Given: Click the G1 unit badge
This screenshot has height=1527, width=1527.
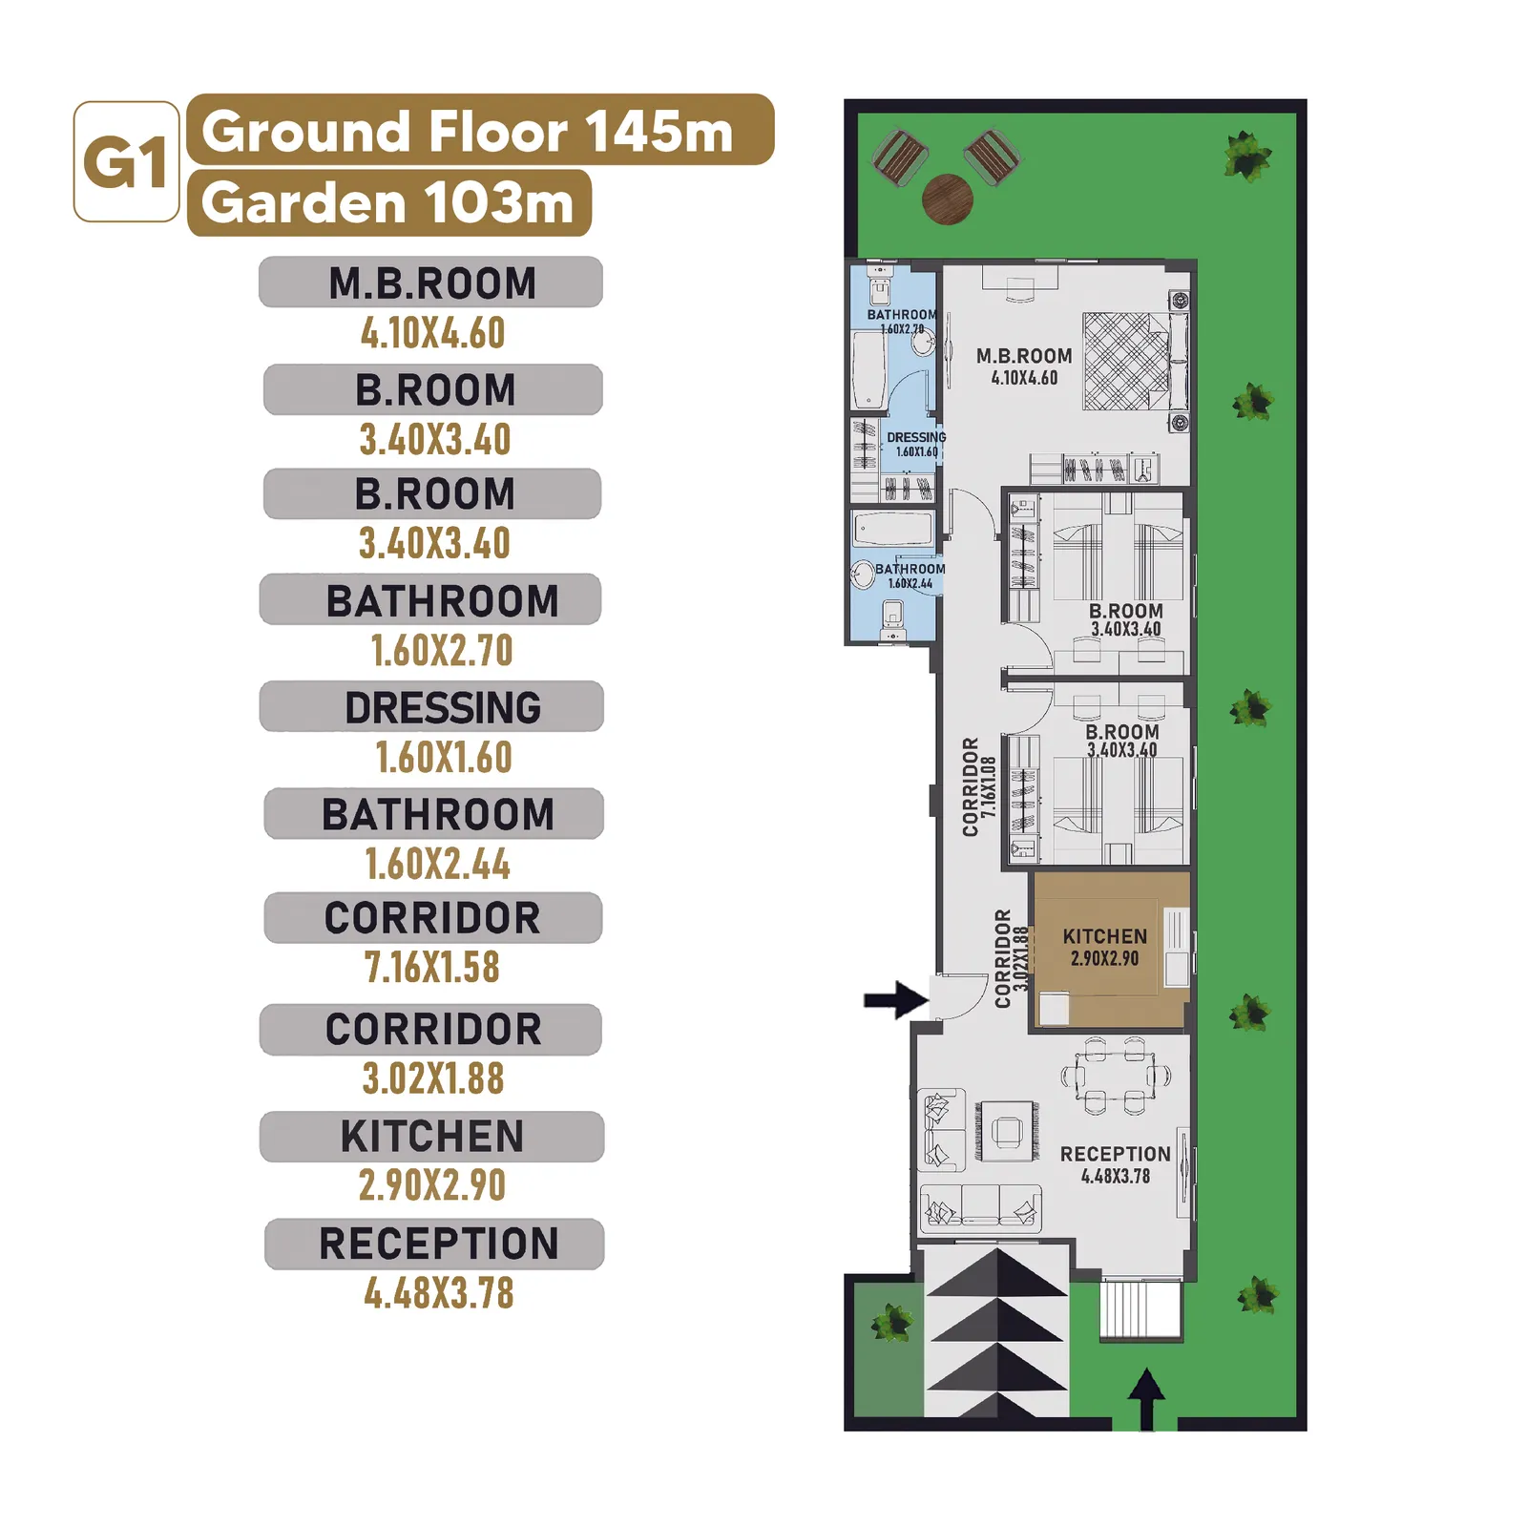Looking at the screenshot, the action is [x=127, y=161].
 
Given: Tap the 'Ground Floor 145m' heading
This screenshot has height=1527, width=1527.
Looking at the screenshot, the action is [x=468, y=131].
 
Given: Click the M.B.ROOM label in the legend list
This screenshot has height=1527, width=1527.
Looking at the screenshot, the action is [x=431, y=283].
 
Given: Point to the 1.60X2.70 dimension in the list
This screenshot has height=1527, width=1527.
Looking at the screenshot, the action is [x=442, y=651].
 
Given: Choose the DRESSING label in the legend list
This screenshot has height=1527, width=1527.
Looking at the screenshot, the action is [x=443, y=708].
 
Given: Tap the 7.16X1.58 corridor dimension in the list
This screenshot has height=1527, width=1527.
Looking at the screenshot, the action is [x=432, y=968].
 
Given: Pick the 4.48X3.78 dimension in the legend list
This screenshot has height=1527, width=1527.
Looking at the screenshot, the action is [x=439, y=1294].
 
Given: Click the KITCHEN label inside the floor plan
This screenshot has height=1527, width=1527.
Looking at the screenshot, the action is [x=1105, y=937].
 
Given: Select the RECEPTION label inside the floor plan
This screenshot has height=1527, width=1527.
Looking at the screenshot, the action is [x=1115, y=1155].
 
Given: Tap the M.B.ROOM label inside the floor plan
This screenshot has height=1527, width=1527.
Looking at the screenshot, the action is [x=1024, y=356].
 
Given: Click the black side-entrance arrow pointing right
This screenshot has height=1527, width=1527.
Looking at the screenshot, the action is [x=896, y=1000].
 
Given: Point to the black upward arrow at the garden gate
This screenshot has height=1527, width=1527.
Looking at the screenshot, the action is [x=1146, y=1399].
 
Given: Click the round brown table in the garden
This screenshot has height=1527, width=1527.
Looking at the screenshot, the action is [x=948, y=199].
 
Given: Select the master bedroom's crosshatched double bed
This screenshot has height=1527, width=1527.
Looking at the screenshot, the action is [x=1126, y=362].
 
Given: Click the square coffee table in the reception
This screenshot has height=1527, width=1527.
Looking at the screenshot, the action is [x=1007, y=1132].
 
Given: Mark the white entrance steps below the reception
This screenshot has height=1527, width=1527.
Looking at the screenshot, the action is [x=1141, y=1309].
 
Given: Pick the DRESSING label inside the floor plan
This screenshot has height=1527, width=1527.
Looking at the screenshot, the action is [x=916, y=437].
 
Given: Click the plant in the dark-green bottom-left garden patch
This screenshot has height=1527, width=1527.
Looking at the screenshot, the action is [x=892, y=1322].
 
